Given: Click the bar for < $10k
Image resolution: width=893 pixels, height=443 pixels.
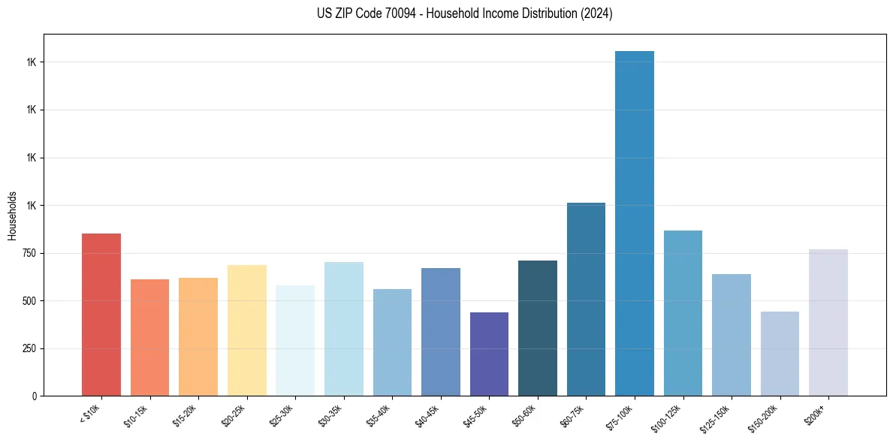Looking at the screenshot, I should click(101, 315).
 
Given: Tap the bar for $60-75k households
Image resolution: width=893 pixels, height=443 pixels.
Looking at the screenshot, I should click(586, 300).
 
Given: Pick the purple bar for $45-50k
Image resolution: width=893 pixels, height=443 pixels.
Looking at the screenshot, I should click(489, 354).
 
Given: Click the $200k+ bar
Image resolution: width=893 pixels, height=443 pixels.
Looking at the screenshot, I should click(828, 323).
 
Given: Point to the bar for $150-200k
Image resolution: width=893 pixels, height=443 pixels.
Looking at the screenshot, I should click(780, 354).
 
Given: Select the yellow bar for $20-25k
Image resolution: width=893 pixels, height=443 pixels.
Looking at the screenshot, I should click(247, 330).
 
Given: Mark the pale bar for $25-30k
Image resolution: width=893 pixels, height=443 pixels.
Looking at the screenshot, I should click(295, 341).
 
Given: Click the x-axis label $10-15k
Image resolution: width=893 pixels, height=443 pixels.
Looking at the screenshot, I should click(137, 415).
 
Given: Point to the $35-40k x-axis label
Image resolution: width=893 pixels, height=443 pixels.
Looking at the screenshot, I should click(379, 415).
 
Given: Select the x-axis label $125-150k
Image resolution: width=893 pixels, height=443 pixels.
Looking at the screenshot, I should click(716, 417).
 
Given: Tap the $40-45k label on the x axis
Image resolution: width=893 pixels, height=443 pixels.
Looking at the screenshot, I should click(427, 415).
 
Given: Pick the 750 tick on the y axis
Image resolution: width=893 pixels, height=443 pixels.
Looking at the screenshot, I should click(30, 253).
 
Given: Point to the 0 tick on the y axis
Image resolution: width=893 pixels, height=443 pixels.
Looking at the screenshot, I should click(35, 396).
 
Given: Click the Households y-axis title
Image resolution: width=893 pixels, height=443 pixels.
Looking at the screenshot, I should click(12, 215).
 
